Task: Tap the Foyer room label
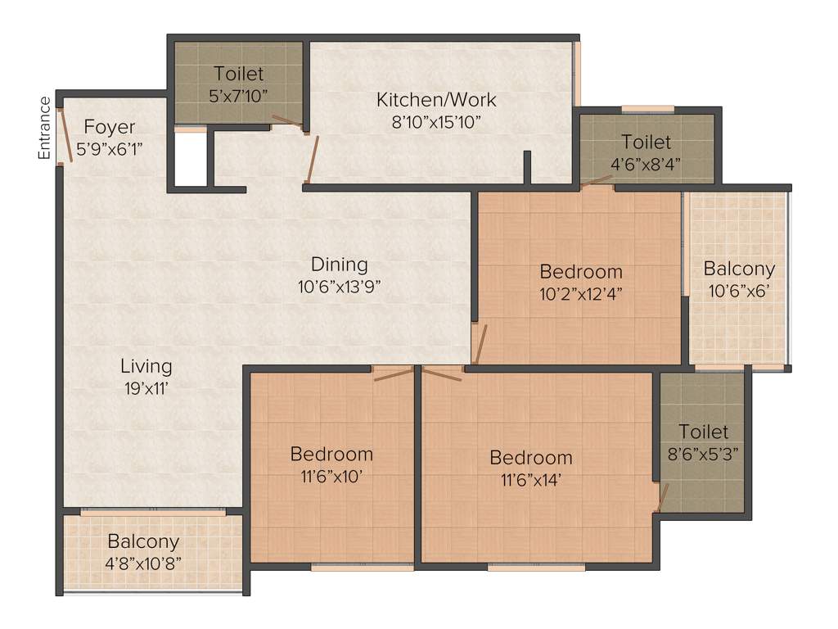pos(110,128)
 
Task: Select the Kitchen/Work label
pos(435,100)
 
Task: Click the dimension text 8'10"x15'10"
pos(435,121)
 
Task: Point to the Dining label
pos(339,265)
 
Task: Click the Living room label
pos(146,365)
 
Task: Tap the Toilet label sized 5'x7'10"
pos(239,74)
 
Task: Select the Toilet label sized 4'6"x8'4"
pos(646,142)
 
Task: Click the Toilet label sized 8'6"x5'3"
pos(703,431)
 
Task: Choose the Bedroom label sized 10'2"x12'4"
pos(581,271)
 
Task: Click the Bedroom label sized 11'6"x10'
pos(331,453)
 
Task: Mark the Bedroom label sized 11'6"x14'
pos(530,457)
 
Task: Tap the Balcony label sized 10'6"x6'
pos(739,268)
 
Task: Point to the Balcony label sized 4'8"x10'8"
pos(143,541)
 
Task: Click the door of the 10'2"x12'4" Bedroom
pos(480,344)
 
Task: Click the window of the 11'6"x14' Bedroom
pos(536,567)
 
